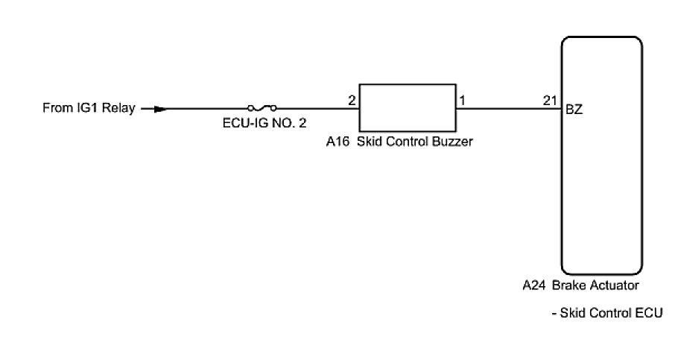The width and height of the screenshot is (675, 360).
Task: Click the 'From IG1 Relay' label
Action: tap(89, 109)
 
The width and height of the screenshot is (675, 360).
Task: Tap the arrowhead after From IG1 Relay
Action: tap(159, 109)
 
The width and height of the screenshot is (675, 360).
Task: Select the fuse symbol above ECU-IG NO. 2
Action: tap(262, 109)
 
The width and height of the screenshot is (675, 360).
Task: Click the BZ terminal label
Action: tap(574, 110)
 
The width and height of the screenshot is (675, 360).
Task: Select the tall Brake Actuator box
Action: tap(601, 157)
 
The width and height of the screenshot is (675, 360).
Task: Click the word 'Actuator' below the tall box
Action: tap(614, 285)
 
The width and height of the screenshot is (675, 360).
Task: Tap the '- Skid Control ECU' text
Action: tap(607, 314)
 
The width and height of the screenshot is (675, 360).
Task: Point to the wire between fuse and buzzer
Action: tap(317, 109)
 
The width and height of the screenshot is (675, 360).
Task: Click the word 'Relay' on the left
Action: tap(120, 109)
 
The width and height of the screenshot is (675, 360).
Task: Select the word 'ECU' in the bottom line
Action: tap(648, 314)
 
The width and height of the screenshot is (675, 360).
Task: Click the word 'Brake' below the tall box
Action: tap(569, 285)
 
